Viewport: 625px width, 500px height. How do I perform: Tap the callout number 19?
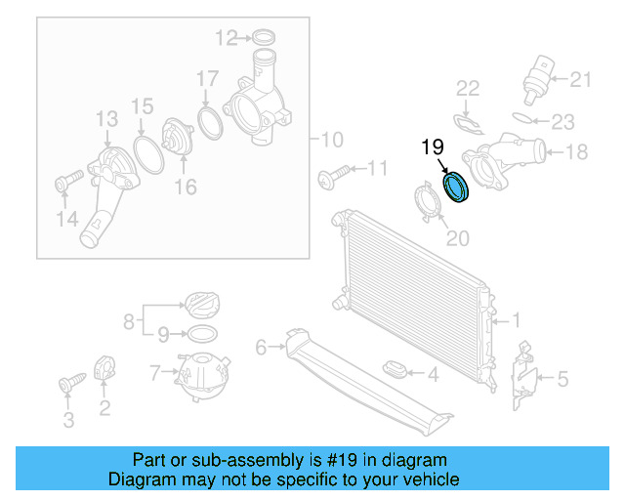coord(433,147)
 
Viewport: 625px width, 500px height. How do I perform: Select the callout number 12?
coord(226,38)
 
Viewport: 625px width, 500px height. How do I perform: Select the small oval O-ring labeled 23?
coord(525,118)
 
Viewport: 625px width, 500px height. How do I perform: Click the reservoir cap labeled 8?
coord(201,305)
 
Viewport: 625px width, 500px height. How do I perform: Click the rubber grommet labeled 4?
coord(394,371)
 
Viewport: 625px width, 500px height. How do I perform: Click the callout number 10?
coord(333,139)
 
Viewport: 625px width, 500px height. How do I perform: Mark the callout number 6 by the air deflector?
coord(261,347)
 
